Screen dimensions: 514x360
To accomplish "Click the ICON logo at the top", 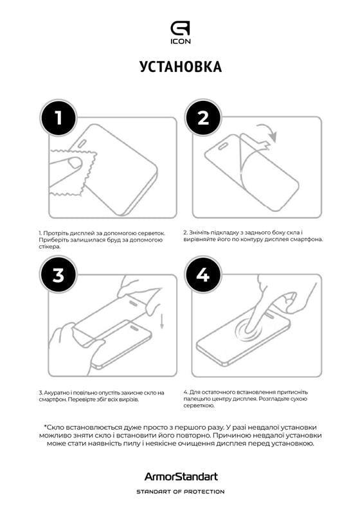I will (180, 32).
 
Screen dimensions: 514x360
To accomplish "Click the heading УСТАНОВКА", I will (180, 67).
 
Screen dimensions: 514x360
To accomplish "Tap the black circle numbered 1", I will (58, 118).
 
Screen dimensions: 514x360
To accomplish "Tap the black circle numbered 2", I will (203, 118).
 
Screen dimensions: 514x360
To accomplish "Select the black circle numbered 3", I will (58, 275).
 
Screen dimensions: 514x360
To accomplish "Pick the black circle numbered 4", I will (203, 275).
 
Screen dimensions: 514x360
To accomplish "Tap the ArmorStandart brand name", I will (180, 477).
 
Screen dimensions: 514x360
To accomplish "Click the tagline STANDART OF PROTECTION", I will (180, 492).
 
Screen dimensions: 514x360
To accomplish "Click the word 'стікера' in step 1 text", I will (48, 247).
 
